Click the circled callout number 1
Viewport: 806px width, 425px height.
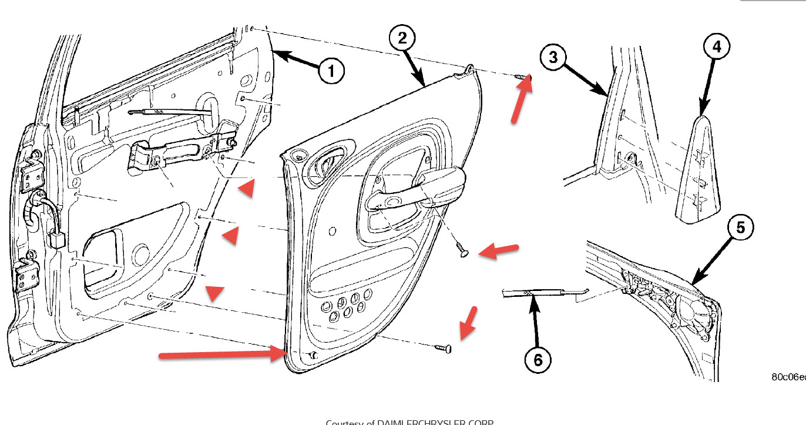[x=331, y=72]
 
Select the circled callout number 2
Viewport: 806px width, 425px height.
[x=402, y=38]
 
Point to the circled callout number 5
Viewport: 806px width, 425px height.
[x=740, y=227]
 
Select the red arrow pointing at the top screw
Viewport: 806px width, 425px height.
[x=520, y=101]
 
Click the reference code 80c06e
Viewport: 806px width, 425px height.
[x=788, y=377]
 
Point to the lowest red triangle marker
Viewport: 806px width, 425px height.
[x=214, y=292]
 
